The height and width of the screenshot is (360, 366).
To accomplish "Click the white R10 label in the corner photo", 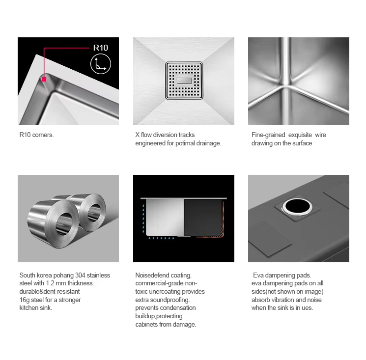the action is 101,48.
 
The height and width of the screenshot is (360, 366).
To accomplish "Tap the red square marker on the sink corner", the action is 44,80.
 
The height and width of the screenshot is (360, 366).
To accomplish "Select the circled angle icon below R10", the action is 101,64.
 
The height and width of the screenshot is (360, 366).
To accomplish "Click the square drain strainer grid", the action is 184,81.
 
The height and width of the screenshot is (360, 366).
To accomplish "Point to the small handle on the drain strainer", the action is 184,81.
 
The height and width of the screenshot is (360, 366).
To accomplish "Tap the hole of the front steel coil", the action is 63,223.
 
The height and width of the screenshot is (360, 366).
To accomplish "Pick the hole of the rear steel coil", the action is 95,212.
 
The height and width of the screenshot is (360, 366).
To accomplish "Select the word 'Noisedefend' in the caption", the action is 152,276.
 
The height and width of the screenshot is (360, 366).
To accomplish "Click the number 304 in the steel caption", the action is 80,276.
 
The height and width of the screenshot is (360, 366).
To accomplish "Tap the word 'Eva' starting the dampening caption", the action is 258,276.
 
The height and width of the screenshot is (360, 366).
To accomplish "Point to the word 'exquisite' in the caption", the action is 300,135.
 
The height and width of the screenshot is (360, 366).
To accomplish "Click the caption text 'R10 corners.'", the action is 36,135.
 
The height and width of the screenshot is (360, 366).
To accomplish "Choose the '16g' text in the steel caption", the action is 24,300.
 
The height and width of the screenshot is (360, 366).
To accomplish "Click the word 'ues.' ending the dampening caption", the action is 308,308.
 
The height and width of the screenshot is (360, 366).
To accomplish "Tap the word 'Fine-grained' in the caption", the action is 268,135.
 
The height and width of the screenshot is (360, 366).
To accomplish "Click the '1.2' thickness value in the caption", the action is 50,283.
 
